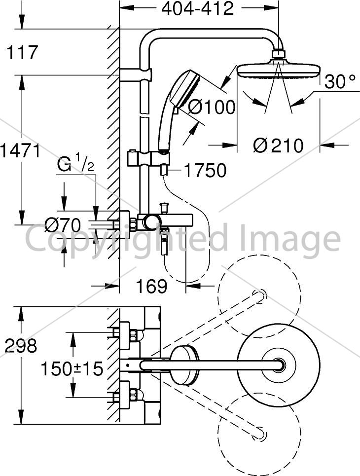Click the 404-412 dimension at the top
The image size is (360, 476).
[x=198, y=8]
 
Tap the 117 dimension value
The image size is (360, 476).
[x=22, y=52]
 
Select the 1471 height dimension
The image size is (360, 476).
[x=20, y=150]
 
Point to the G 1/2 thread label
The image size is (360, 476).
[x=75, y=165]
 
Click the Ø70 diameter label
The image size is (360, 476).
[x=63, y=225]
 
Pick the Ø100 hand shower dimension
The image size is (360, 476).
[x=212, y=107]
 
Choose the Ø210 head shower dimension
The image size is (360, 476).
[x=278, y=146]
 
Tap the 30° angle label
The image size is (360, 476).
[x=340, y=82]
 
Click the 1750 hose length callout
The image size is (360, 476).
[x=205, y=170]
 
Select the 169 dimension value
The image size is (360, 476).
[x=151, y=286]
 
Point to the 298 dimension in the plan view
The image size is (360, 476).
[x=21, y=345]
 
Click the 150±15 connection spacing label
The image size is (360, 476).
[x=72, y=369]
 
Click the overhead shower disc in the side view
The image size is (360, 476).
[x=278, y=71]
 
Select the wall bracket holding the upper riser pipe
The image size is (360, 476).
[x=136, y=74]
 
